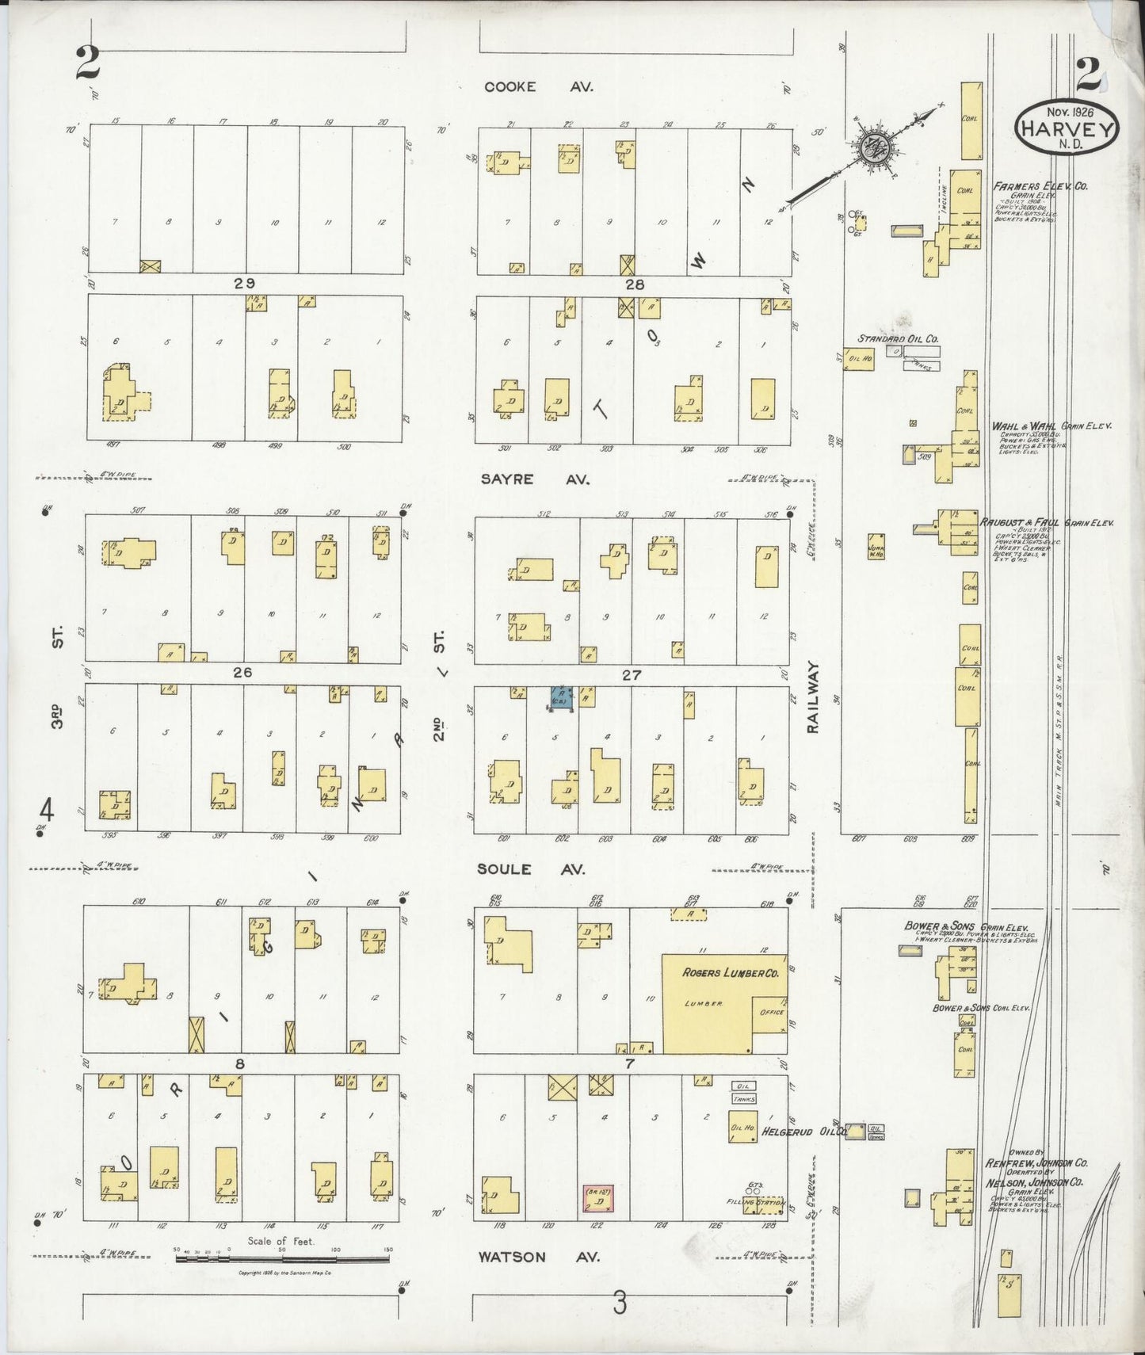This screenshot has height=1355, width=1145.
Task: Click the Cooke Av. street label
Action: pyautogui.click(x=538, y=87)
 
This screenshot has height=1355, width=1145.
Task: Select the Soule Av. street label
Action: pyautogui.click(x=530, y=869)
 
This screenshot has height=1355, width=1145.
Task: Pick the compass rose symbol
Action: pyautogui.click(x=875, y=148)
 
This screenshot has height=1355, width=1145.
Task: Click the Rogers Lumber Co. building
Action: pyautogui.click(x=724, y=1002)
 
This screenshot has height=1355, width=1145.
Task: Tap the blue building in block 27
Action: pyautogui.click(x=562, y=698)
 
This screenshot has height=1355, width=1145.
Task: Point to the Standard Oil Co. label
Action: pyautogui.click(x=898, y=338)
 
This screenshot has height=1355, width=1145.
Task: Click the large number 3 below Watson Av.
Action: pyautogui.click(x=619, y=1302)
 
